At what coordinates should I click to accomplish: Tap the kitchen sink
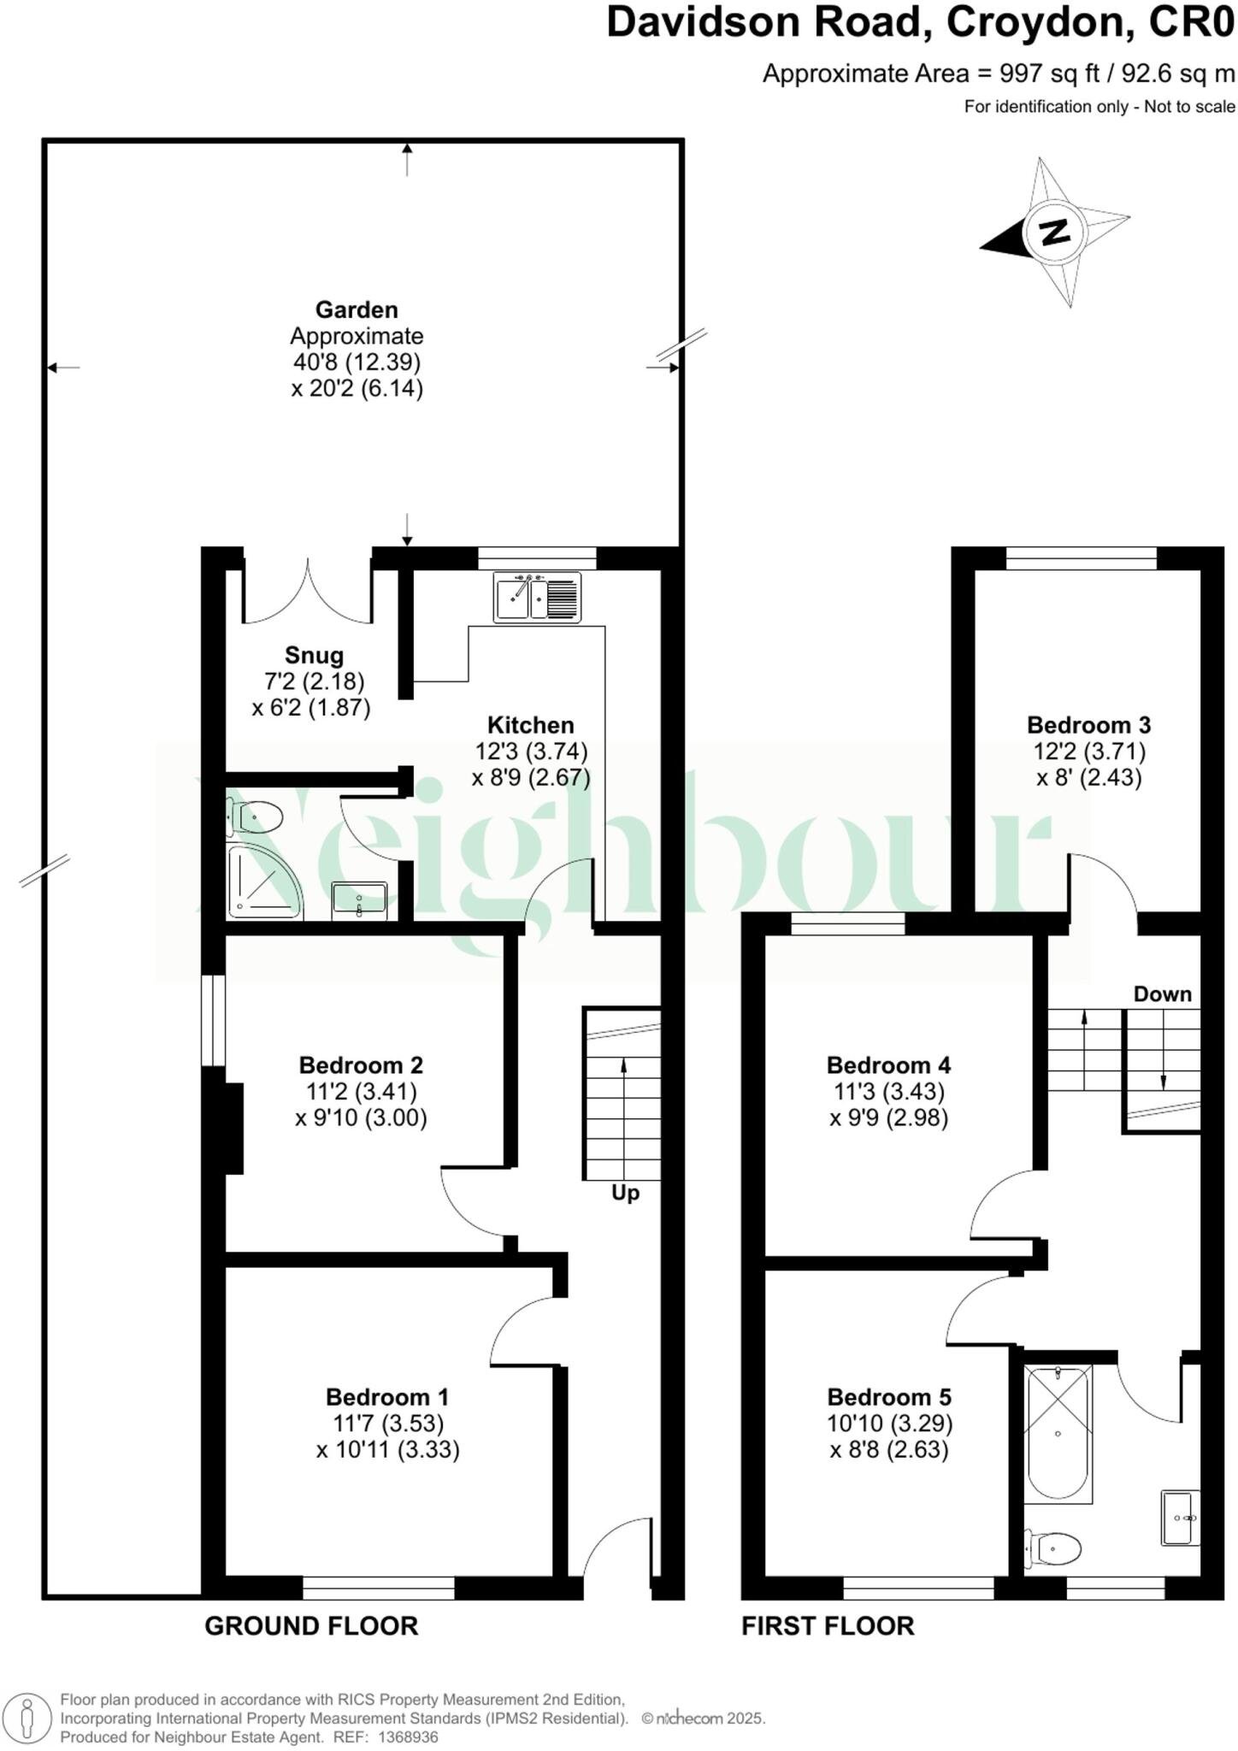tap(537, 596)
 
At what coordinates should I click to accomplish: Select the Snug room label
tap(314, 656)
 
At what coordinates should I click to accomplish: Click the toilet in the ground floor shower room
tap(256, 817)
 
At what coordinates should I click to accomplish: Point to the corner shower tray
tap(260, 879)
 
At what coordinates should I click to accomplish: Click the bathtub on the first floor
tap(1058, 1434)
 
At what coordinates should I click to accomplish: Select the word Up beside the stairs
tap(625, 1193)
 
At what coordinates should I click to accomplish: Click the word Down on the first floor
tap(1162, 993)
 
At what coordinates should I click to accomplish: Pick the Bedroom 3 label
tap(1088, 725)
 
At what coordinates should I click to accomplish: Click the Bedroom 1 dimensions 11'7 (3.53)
tap(388, 1423)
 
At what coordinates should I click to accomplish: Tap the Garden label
tap(357, 310)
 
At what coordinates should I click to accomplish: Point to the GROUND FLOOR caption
tap(311, 1625)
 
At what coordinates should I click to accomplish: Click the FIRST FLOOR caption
tap(828, 1625)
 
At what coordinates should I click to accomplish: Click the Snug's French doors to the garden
tap(308, 590)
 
